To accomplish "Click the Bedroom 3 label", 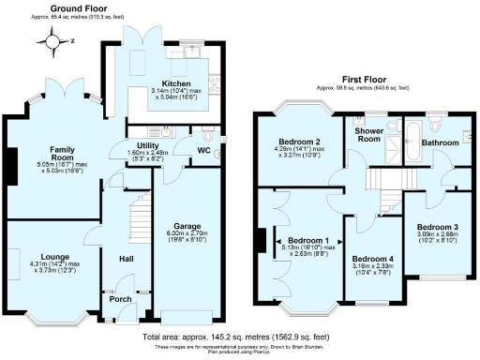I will (x=438, y=228).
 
